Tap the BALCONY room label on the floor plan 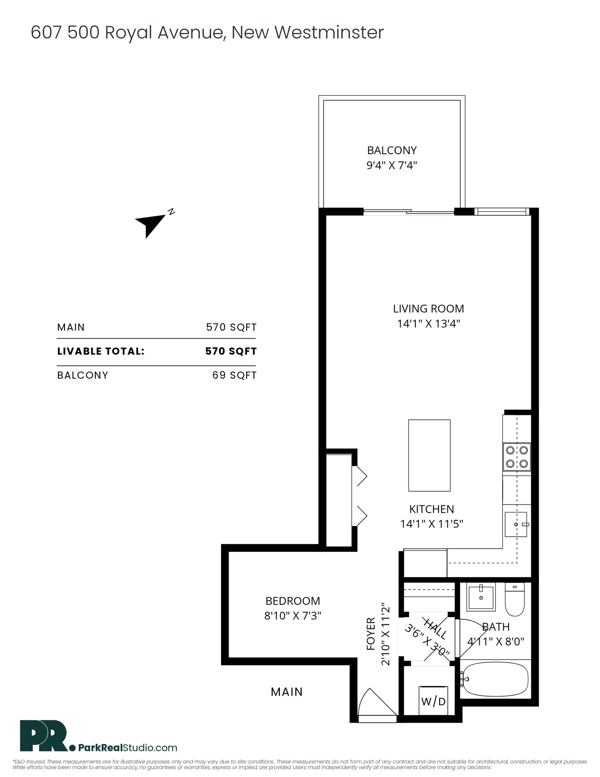392,150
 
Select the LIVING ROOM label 428,309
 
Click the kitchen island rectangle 429,455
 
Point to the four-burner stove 516,457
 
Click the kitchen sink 515,524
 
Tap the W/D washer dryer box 433,701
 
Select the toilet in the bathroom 515,600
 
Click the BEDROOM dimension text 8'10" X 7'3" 292,616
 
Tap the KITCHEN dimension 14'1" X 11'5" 431,524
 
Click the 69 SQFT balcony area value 234,375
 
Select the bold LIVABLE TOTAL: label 101,351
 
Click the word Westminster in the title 329,32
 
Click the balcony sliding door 408,212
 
